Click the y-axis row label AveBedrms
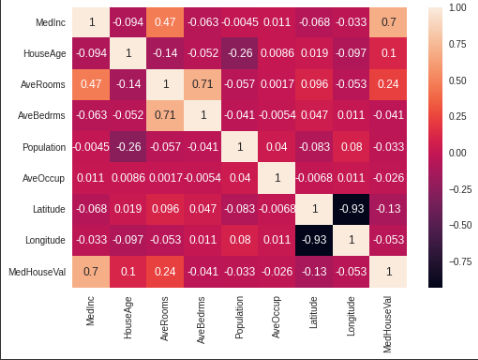pos(42,116)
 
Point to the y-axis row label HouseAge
pos(44,53)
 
